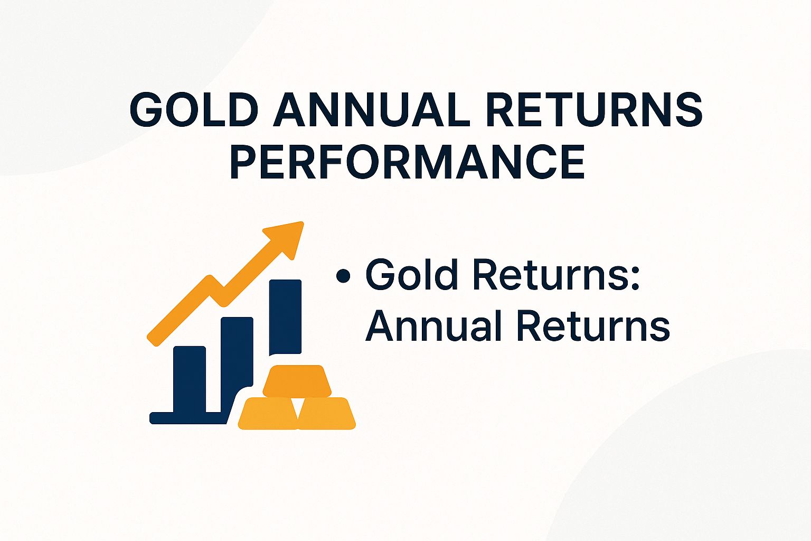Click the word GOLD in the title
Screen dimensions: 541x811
pos(194,109)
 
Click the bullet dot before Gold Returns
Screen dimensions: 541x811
pos(343,276)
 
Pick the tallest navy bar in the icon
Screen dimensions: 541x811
pos(285,317)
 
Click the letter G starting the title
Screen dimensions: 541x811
pos(147,109)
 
